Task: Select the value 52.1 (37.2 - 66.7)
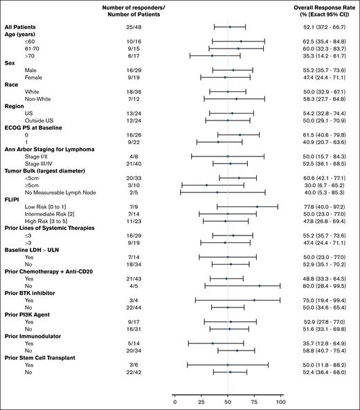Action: point(321,26)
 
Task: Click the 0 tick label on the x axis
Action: point(174,401)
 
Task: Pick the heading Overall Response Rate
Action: point(321,6)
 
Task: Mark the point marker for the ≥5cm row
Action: point(206,185)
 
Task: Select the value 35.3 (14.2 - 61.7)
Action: point(321,55)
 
